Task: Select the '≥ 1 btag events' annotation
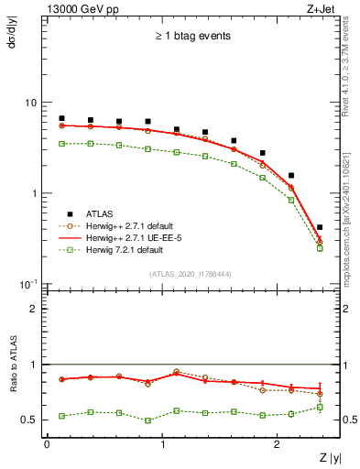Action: (x=191, y=37)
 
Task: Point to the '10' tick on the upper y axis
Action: (x=29, y=103)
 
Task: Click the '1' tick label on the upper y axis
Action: (x=32, y=193)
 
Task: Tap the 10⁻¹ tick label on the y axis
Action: (x=27, y=283)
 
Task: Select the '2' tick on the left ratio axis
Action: (x=33, y=309)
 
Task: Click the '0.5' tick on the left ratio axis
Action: (x=27, y=420)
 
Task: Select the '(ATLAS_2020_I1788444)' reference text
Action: (x=191, y=274)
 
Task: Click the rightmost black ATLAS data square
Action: (x=319, y=227)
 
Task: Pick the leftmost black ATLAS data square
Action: (x=61, y=118)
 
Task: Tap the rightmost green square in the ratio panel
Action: (x=319, y=407)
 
